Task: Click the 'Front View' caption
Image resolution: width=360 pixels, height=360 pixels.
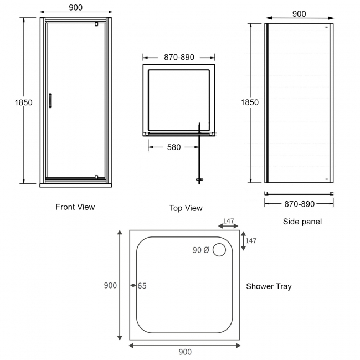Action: [x=75, y=207]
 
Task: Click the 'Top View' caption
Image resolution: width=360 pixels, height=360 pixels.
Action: [x=186, y=208]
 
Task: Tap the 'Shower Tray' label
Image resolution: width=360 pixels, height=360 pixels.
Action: [x=269, y=286]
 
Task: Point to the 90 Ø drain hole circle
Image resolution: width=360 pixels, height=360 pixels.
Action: [x=220, y=250]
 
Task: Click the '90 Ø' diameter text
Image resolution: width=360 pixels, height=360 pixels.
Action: [x=200, y=250]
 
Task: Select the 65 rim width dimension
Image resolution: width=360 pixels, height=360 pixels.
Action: [x=142, y=286]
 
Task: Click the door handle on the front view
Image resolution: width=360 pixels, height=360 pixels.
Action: [x=50, y=100]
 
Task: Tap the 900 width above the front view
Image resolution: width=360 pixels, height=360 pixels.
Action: [x=76, y=7]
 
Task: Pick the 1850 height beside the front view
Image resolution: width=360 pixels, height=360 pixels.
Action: [x=24, y=102]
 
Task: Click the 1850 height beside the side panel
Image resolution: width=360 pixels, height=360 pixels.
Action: [x=250, y=102]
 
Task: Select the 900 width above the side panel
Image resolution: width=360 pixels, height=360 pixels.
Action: [x=299, y=14]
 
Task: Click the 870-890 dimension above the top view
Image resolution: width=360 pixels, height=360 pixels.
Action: [x=179, y=58]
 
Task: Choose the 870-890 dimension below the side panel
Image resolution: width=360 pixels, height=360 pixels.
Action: [x=299, y=204]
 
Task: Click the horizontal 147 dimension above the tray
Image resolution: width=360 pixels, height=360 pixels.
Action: [x=228, y=221]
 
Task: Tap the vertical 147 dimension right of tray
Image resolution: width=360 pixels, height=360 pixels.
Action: [x=251, y=241]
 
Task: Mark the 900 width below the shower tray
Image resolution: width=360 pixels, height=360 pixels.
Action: [x=185, y=352]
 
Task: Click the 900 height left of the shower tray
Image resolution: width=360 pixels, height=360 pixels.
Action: [x=110, y=286]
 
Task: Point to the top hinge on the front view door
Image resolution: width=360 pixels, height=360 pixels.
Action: [x=96, y=24]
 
